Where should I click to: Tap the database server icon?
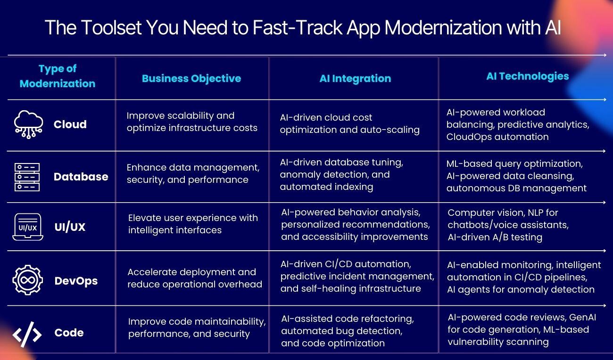pos(27,177)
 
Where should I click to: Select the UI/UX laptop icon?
pos(28,227)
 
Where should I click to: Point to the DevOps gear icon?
pos(27,280)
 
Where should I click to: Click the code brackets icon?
pos(27,333)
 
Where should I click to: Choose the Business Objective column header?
pos(191,79)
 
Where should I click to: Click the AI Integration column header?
pos(355,79)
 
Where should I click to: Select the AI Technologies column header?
pos(527,76)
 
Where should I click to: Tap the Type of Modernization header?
pos(58,76)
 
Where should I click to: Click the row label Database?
pos(81,177)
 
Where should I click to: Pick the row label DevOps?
pos(76,281)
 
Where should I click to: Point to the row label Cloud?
pos(70,124)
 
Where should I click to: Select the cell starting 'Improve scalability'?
pos(192,122)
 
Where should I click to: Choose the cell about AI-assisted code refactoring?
pos(347,331)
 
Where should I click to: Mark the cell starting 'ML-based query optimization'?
pos(516,176)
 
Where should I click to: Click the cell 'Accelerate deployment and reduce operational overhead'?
pos(194,278)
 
